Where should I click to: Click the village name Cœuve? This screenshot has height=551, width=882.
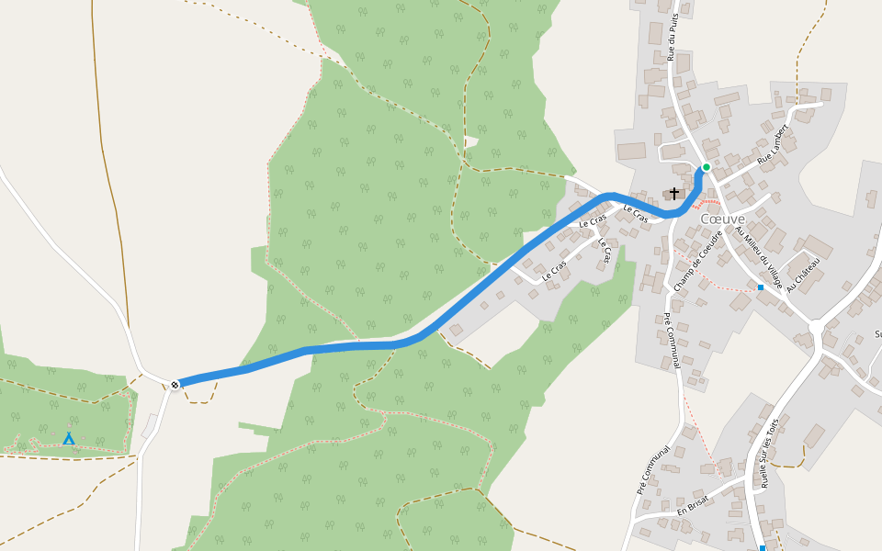tap(722, 219)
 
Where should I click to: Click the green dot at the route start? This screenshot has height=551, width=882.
tap(706, 167)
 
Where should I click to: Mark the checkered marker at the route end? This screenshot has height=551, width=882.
tap(175, 384)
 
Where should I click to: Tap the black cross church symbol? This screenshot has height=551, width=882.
tap(674, 193)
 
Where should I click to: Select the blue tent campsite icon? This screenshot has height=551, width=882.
tap(69, 439)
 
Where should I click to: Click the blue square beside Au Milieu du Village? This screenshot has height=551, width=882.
tap(761, 287)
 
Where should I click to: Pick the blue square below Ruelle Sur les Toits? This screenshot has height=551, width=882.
tap(763, 548)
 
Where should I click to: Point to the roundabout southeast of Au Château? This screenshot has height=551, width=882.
tap(816, 328)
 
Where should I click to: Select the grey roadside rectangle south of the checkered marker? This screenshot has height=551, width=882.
tap(149, 426)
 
